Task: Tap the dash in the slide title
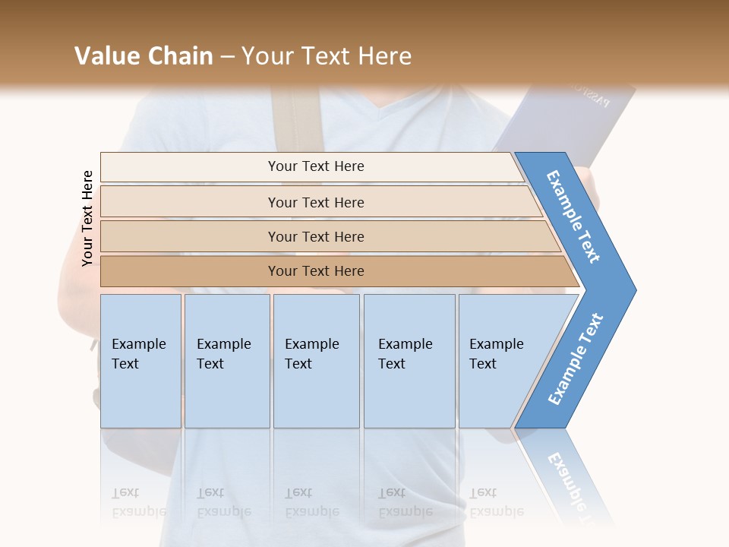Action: (x=227, y=57)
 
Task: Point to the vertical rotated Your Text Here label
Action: (x=87, y=218)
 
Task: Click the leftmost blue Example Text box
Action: (x=140, y=361)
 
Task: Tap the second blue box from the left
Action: (x=227, y=361)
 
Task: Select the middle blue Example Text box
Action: (x=316, y=361)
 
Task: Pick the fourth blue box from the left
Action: (x=409, y=361)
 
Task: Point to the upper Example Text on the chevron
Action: (x=573, y=217)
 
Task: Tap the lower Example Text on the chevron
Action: (x=575, y=359)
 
